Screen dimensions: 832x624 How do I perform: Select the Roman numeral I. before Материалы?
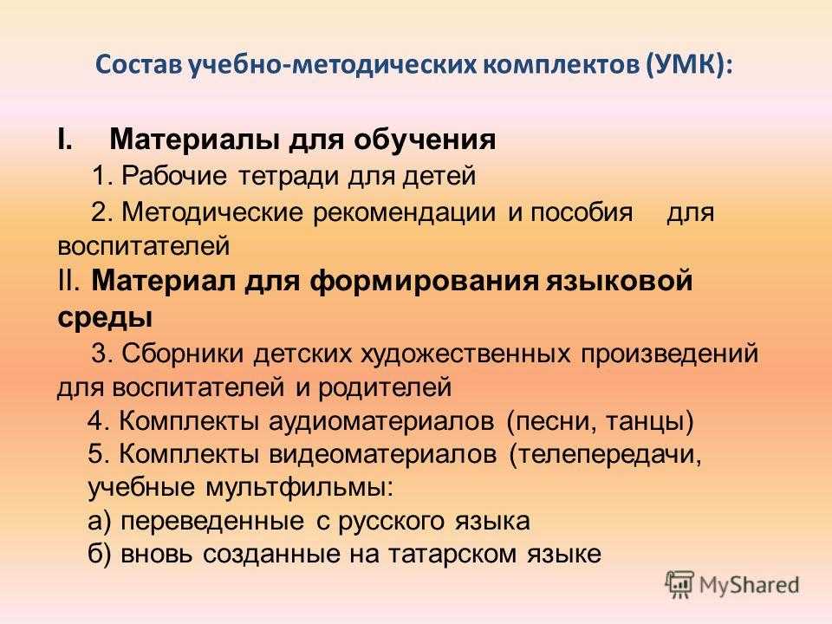click(65, 140)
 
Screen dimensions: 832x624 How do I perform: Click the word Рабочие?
click(174, 176)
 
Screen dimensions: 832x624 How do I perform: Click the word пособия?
click(582, 213)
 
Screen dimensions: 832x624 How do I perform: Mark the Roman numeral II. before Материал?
click(68, 280)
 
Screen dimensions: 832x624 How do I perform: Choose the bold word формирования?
click(424, 281)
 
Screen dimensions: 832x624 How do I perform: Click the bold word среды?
click(105, 317)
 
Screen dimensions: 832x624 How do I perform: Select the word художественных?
click(465, 354)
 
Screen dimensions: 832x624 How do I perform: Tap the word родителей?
click(385, 388)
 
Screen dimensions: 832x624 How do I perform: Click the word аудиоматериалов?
click(381, 422)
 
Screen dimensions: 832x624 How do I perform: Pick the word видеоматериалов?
click(382, 455)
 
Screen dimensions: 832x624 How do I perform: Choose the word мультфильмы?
click(299, 488)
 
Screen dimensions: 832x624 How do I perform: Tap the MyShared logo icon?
click(679, 584)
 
